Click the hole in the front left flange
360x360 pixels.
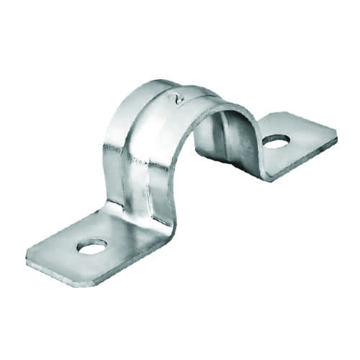(91, 248)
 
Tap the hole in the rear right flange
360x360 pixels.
(276, 141)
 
